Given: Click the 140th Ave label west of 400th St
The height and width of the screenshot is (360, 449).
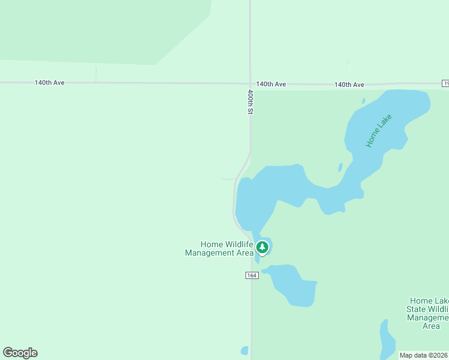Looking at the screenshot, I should [49, 83].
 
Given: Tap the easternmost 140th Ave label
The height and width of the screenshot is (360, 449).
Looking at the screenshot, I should [349, 85].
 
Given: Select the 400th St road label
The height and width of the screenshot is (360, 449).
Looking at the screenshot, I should [251, 102].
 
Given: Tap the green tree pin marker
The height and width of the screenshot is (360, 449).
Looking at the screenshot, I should [262, 247].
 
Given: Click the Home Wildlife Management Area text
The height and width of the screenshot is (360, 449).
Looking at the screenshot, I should [220, 248].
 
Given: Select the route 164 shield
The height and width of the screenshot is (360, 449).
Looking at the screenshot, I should [252, 275].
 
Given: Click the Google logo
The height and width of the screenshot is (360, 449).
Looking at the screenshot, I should [20, 353].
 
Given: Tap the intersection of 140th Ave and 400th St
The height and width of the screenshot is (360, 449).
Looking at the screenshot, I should [250, 83].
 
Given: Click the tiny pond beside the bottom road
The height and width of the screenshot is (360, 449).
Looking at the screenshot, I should [244, 350].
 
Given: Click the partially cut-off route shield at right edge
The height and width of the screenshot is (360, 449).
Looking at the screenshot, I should [445, 83].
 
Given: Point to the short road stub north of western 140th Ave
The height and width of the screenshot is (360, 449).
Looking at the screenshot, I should [96, 74].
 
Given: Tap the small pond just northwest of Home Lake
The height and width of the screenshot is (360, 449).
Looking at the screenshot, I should [364, 100].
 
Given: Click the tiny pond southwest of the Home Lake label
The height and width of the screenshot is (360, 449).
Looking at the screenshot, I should [340, 167].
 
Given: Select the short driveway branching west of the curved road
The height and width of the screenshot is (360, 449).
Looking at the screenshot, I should [229, 179].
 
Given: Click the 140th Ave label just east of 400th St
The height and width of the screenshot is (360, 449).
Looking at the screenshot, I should [271, 84].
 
